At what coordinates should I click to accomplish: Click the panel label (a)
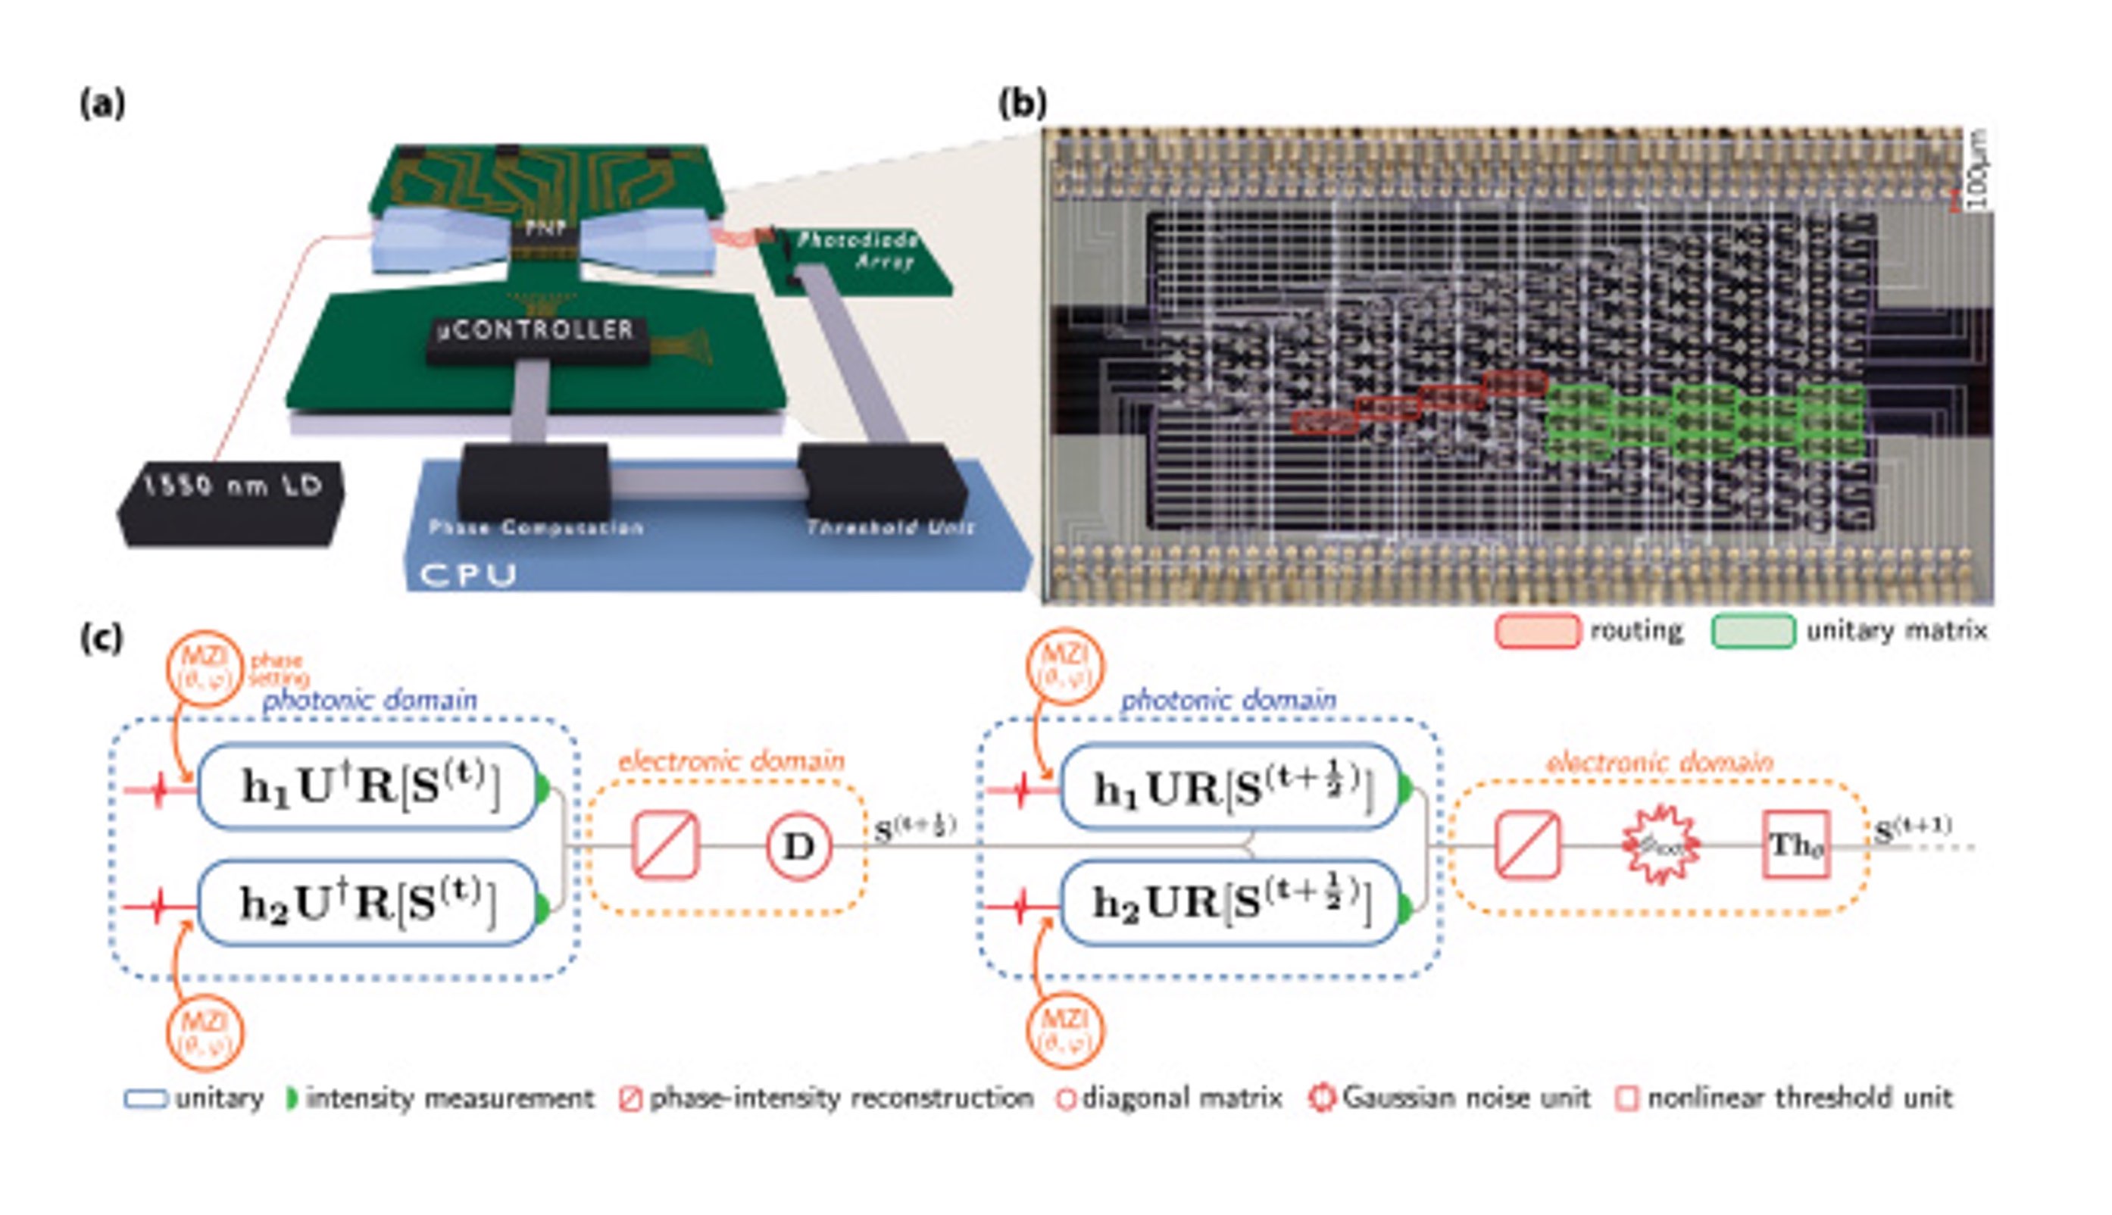102,105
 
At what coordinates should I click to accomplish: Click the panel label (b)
1022,105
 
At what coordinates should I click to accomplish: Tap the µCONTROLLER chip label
536,330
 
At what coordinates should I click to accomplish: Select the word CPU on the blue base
467,575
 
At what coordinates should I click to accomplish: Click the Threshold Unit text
889,527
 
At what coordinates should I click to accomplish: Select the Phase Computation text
536,527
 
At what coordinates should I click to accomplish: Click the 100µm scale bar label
1978,171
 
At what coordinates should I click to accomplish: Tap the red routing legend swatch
1536,631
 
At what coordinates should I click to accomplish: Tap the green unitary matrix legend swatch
1752,631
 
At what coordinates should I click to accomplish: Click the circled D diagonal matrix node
798,846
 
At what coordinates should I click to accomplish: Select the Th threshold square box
1796,845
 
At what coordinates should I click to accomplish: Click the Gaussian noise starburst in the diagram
1660,845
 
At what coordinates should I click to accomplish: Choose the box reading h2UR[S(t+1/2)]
1230,904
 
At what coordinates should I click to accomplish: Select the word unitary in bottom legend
220,1098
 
